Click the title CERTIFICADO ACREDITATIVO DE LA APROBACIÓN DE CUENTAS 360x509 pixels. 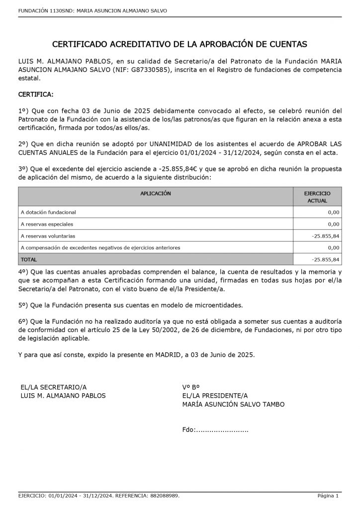pyautogui.click(x=180, y=44)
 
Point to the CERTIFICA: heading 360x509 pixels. pyautogui.click(x=36, y=94)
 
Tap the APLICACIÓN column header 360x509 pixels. pyautogui.click(x=156, y=193)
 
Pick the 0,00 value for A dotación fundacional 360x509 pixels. pyautogui.click(x=333, y=212)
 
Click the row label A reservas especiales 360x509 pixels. pyautogui.click(x=47, y=224)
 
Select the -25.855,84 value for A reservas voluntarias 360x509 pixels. pyautogui.click(x=326, y=236)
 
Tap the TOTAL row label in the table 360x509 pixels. pyautogui.click(x=29, y=259)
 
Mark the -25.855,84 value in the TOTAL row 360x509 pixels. pyautogui.click(x=326, y=259)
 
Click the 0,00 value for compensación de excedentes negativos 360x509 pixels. pyautogui.click(x=333, y=248)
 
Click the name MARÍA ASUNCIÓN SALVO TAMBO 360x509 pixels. pyautogui.click(x=233, y=404)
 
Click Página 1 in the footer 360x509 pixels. pyautogui.click(x=328, y=496)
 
